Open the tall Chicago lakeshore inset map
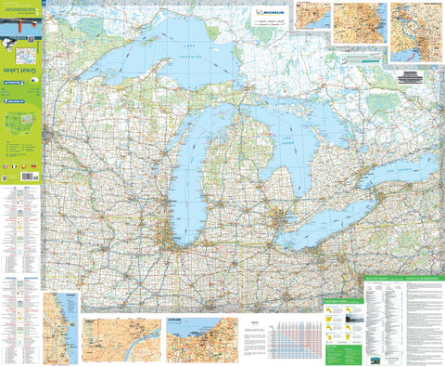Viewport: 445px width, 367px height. [x=61, y=316]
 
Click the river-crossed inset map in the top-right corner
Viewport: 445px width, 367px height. [x=416, y=35]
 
